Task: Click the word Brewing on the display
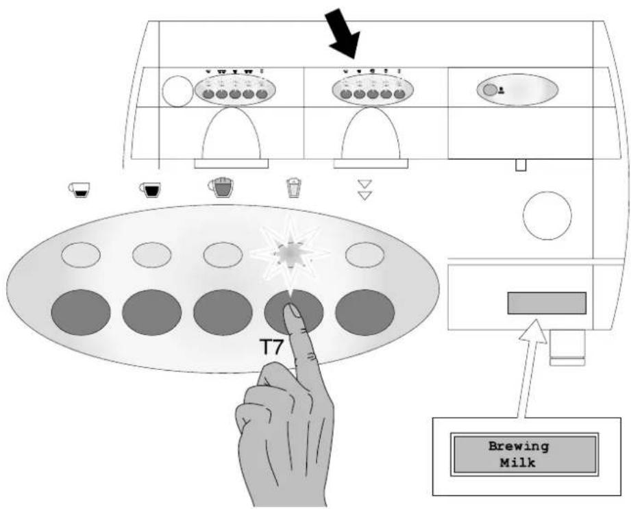tap(519, 446)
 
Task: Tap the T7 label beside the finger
tap(271, 347)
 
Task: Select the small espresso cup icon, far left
tap(79, 190)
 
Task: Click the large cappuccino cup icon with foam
tap(221, 187)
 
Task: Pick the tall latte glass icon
tap(294, 188)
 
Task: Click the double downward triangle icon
tap(364, 190)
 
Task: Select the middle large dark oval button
tap(223, 312)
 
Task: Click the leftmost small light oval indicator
tap(81, 255)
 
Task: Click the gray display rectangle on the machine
tap(547, 303)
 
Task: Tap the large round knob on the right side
tap(547, 215)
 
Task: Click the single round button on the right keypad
tap(490, 90)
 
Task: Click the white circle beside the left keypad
tap(178, 91)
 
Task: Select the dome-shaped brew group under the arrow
tap(371, 135)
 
